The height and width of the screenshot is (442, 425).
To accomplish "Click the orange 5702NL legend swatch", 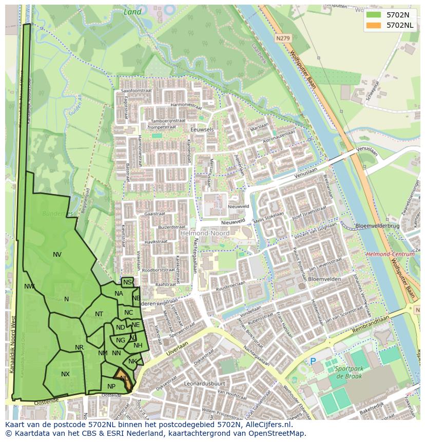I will (374, 25).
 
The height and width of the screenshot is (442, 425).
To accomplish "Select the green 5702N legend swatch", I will (374, 15).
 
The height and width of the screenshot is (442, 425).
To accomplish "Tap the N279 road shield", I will (282, 38).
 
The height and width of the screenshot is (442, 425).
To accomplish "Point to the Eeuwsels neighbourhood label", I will (202, 130).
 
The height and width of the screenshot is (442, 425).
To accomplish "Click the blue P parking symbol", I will (313, 361).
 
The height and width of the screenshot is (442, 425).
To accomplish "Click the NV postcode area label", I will (57, 254).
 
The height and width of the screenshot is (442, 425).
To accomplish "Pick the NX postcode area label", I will (65, 374).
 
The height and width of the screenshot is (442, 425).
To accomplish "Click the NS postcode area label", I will (127, 282).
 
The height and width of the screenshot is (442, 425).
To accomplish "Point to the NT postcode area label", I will (99, 314).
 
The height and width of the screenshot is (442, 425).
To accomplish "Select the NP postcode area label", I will (111, 386).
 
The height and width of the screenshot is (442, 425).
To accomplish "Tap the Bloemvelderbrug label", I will (377, 226).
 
